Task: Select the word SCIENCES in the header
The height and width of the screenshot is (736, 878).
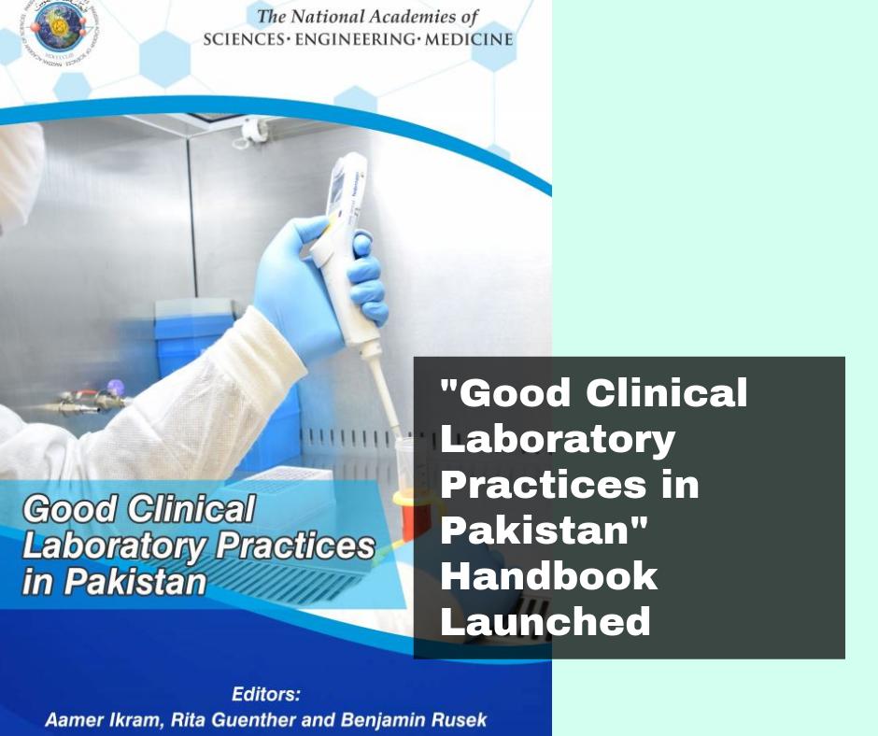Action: tap(245, 40)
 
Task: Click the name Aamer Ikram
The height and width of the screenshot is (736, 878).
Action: tap(99, 720)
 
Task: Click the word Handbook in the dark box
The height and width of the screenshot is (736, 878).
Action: tap(549, 576)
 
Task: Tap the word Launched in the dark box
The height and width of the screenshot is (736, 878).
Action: tap(545, 621)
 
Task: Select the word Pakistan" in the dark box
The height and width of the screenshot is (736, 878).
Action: tap(545, 531)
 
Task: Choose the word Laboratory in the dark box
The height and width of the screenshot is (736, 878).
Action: tap(558, 439)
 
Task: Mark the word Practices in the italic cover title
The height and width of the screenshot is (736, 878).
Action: tap(294, 545)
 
